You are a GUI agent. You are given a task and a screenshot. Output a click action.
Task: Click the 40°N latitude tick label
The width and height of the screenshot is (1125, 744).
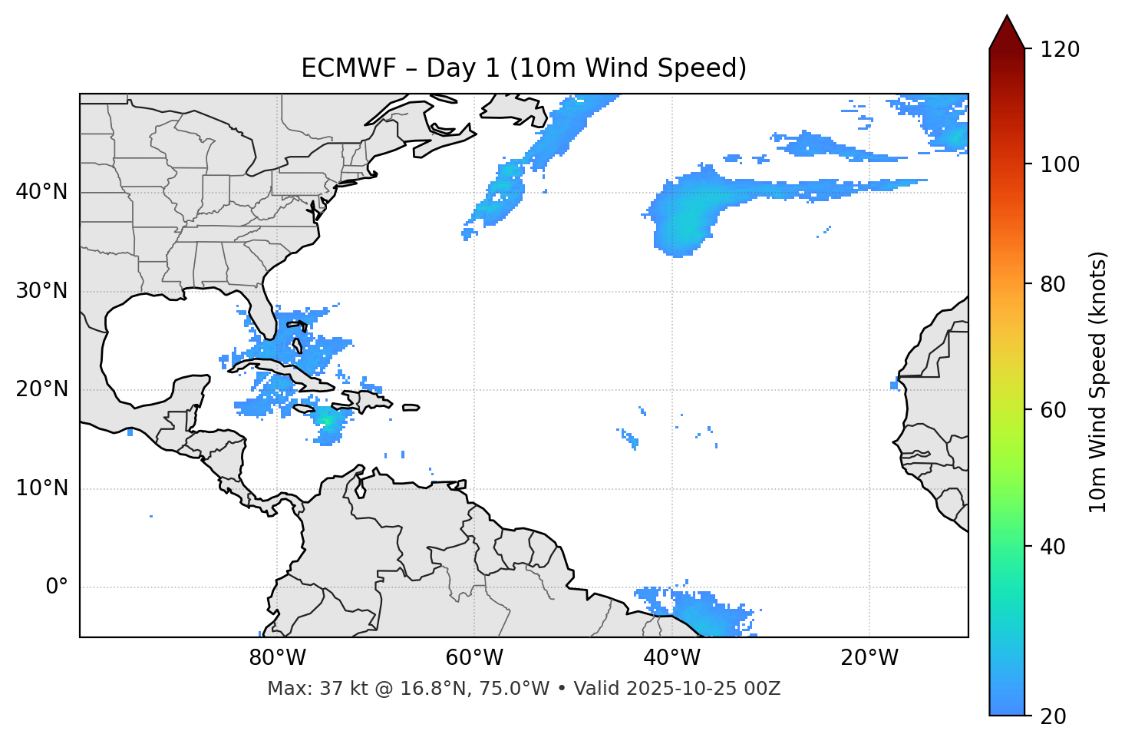click(41, 192)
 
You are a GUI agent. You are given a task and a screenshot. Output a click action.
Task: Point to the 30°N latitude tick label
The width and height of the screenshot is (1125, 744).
click(41, 291)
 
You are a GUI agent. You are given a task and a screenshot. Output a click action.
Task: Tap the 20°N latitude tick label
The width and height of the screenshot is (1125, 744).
click(41, 389)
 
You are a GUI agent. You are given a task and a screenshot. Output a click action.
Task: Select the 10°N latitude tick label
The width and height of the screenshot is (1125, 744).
click(41, 488)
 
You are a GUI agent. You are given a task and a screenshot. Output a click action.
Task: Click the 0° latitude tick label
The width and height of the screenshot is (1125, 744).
click(57, 587)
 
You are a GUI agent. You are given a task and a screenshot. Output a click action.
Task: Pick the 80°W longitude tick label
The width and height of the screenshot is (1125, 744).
click(277, 658)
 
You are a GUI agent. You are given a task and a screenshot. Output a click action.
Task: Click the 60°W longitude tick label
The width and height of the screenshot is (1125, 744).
click(474, 658)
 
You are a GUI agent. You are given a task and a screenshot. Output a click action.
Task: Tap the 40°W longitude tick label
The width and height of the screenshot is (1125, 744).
click(672, 658)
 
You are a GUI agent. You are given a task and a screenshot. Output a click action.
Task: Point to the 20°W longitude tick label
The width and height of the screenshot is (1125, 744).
click(869, 658)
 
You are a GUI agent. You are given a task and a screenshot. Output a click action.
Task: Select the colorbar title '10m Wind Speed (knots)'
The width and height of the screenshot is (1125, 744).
click(1098, 382)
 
